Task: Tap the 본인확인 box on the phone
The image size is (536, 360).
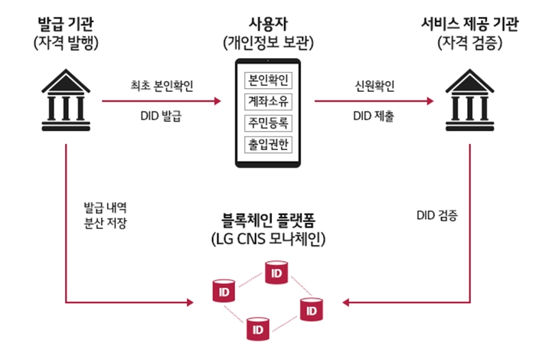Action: pos(264,79)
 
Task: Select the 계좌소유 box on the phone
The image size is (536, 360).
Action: pos(264,100)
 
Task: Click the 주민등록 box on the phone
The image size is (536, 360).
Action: pos(264,121)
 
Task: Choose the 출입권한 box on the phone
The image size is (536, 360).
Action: pos(264,142)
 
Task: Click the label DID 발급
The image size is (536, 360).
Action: pos(162,116)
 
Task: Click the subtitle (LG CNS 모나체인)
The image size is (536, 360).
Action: pos(265,240)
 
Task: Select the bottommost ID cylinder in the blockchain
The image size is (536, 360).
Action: pos(257,329)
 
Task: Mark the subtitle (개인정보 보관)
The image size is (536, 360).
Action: pos(264,42)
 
